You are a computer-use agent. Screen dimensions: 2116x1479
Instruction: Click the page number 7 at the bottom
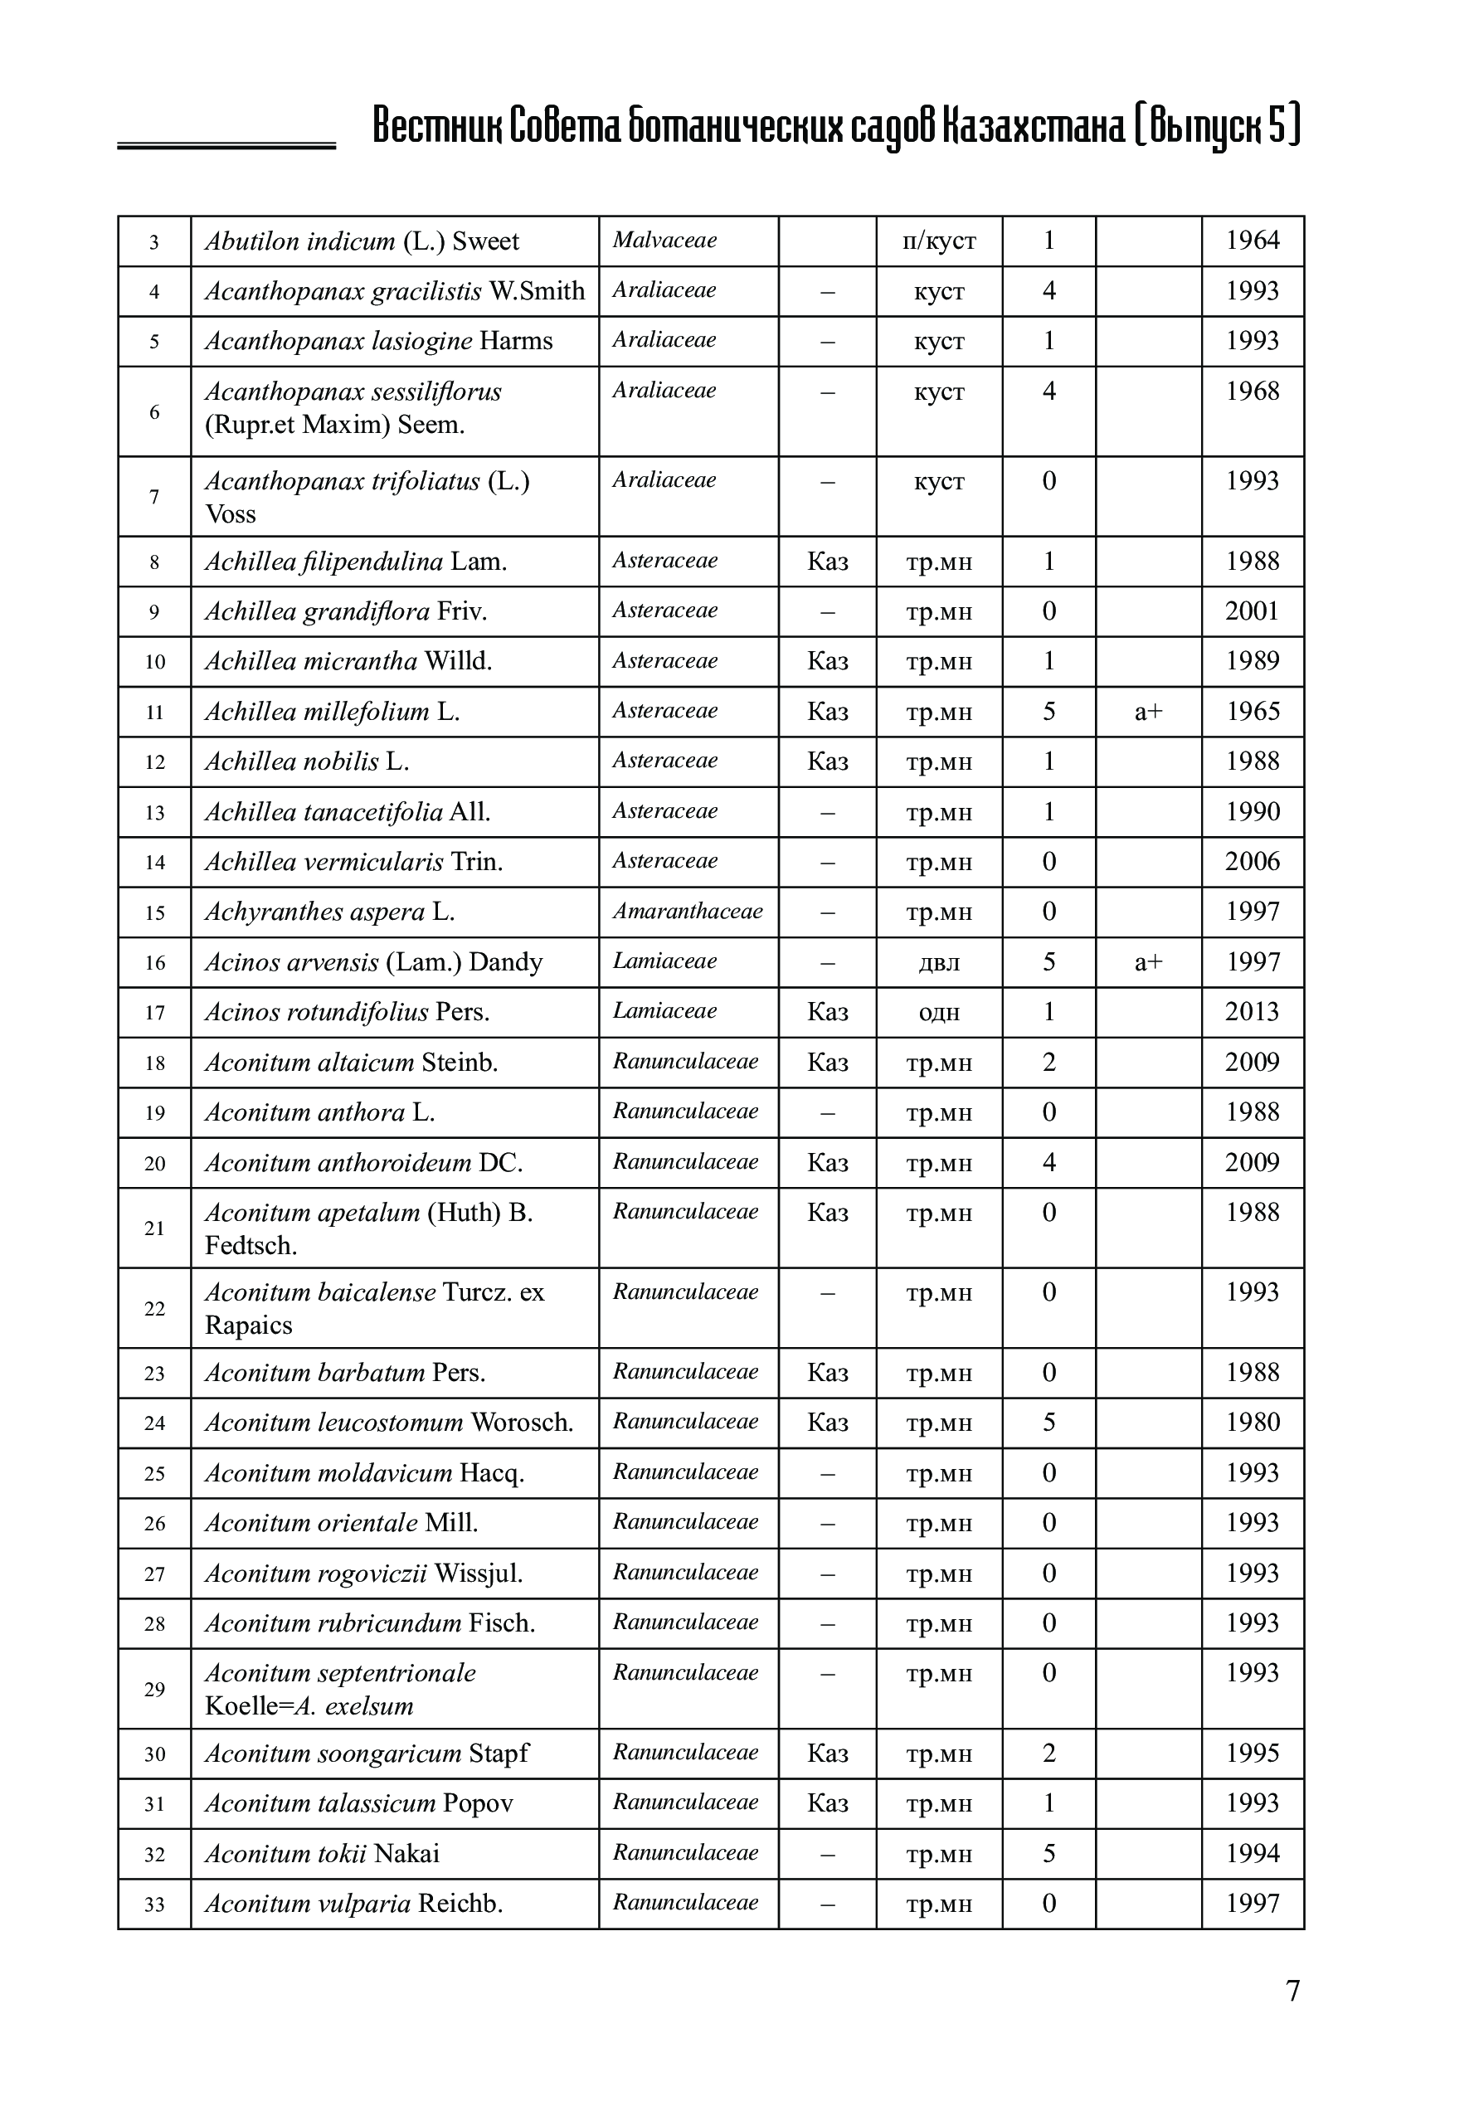tap(1292, 1992)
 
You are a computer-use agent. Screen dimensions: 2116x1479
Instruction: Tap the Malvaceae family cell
tap(664, 241)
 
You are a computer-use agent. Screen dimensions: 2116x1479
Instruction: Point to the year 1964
tap(1253, 241)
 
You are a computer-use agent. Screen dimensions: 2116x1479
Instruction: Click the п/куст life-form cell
tap(939, 241)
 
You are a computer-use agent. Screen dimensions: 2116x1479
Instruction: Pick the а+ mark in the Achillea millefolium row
tap(1148, 712)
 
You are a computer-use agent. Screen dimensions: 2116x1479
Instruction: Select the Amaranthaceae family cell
tap(688, 912)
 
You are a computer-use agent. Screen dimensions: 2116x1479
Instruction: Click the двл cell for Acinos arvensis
tap(939, 963)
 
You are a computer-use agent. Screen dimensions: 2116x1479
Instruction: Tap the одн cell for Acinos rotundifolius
tap(939, 1013)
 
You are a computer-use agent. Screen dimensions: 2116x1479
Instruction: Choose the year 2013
tap(1253, 1012)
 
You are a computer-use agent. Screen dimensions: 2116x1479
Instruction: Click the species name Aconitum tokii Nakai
tap(322, 1853)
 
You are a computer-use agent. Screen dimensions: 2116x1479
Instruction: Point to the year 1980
tap(1253, 1422)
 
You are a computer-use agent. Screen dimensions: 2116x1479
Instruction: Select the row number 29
tap(154, 1690)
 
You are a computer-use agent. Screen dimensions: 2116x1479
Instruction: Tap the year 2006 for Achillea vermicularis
tap(1253, 862)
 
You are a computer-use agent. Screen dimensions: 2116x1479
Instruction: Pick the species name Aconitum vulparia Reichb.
tap(353, 1904)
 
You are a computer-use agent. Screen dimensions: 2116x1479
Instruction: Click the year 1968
tap(1253, 391)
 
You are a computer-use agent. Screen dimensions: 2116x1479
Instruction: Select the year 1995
tap(1253, 1753)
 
